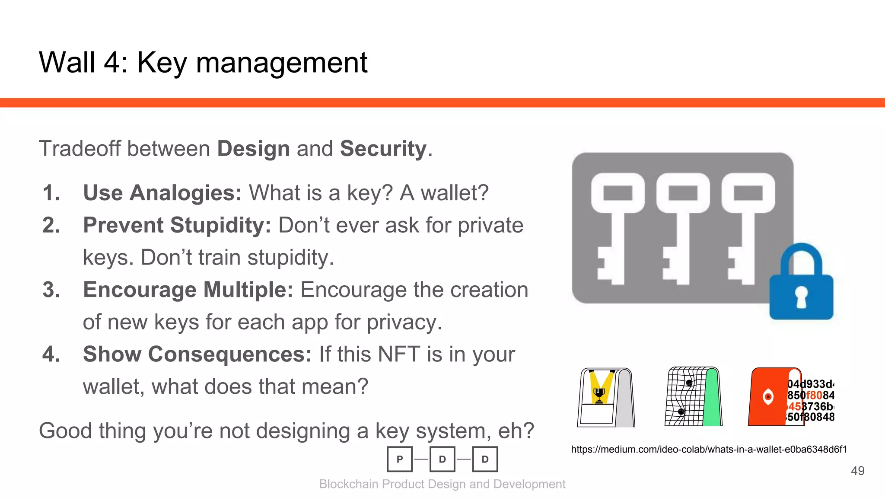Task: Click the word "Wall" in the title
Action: point(67,63)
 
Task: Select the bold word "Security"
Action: point(383,149)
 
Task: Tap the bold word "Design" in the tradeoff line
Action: point(253,149)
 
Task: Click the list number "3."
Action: point(51,290)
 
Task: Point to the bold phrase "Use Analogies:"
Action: point(162,193)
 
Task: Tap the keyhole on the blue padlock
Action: point(802,297)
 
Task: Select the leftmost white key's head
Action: point(618,193)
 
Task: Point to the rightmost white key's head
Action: point(748,193)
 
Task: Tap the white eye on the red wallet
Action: point(768,396)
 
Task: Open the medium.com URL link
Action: point(709,450)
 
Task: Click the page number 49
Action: point(857,471)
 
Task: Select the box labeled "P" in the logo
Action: point(400,459)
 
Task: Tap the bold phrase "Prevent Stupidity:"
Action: point(177,225)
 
